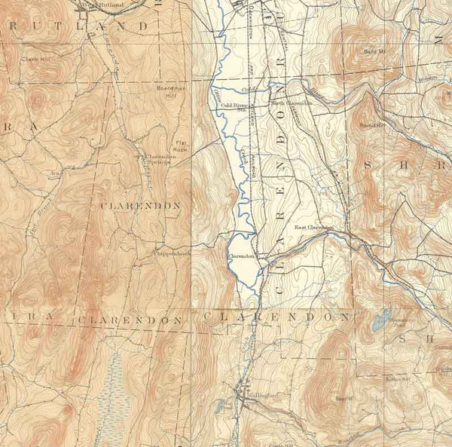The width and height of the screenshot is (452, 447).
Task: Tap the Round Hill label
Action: (372, 126)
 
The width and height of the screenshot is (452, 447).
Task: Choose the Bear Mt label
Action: (344, 398)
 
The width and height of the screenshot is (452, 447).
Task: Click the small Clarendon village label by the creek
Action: (239, 256)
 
